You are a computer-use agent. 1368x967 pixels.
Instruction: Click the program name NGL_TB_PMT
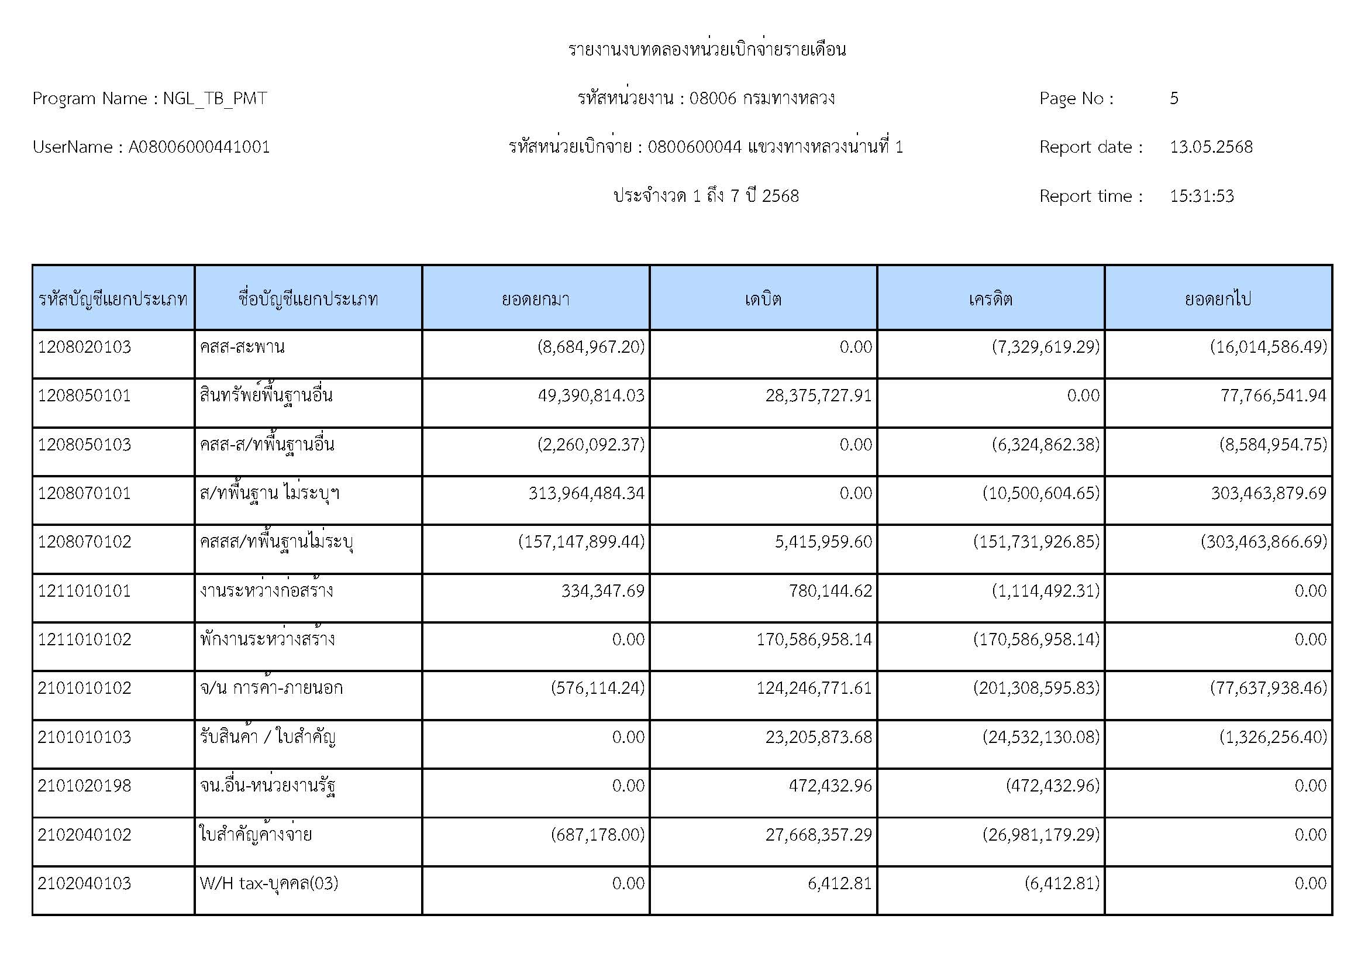(215, 98)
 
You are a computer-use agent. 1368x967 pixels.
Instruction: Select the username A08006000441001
(199, 147)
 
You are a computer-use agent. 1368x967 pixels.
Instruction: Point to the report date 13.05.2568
(1211, 147)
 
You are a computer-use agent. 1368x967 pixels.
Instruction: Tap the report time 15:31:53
(1201, 196)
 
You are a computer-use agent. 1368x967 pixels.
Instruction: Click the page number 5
(1174, 98)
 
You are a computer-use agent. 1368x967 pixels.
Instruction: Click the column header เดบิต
(763, 298)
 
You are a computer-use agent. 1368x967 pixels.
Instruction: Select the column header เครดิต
(990, 298)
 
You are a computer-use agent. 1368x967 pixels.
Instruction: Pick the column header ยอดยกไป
(1218, 298)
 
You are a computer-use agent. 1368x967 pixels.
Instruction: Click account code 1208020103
(85, 347)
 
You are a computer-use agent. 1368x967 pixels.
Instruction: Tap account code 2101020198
(85, 786)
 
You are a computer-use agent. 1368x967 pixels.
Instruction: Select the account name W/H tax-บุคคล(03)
(268, 883)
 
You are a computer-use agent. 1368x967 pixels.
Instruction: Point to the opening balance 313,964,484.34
(586, 493)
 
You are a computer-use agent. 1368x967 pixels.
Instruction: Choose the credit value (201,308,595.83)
(1036, 688)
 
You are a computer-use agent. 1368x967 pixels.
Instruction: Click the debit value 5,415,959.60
(823, 542)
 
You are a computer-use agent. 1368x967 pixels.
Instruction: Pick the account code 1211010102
(85, 639)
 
